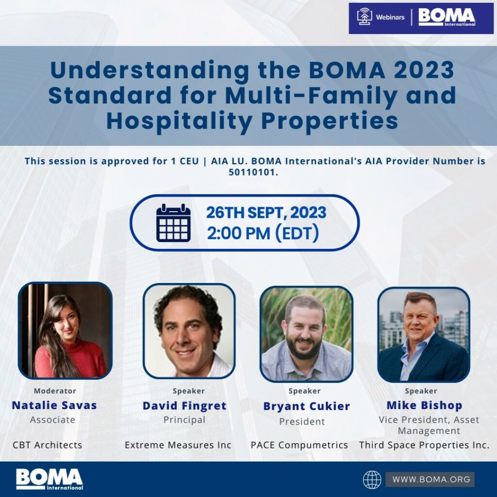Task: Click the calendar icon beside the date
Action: tap(173, 223)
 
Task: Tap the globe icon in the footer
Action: tap(372, 480)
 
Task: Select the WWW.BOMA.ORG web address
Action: tap(431, 479)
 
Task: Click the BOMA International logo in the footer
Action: tap(50, 479)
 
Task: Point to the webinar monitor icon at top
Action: tap(364, 17)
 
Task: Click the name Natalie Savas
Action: tap(54, 405)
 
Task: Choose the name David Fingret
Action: tap(184, 406)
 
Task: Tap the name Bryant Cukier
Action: tap(307, 406)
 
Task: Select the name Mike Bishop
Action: tap(424, 405)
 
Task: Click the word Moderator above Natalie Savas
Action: tap(55, 391)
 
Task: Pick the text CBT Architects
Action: tap(47, 445)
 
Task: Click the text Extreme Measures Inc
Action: tap(178, 445)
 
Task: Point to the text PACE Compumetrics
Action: tap(299, 445)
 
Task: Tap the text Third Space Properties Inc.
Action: tap(424, 445)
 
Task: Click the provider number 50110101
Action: tap(253, 172)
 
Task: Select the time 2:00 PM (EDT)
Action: tap(263, 233)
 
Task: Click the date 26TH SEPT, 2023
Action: tap(266, 213)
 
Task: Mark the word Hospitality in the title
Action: tap(180, 121)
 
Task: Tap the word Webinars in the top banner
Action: tap(390, 17)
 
